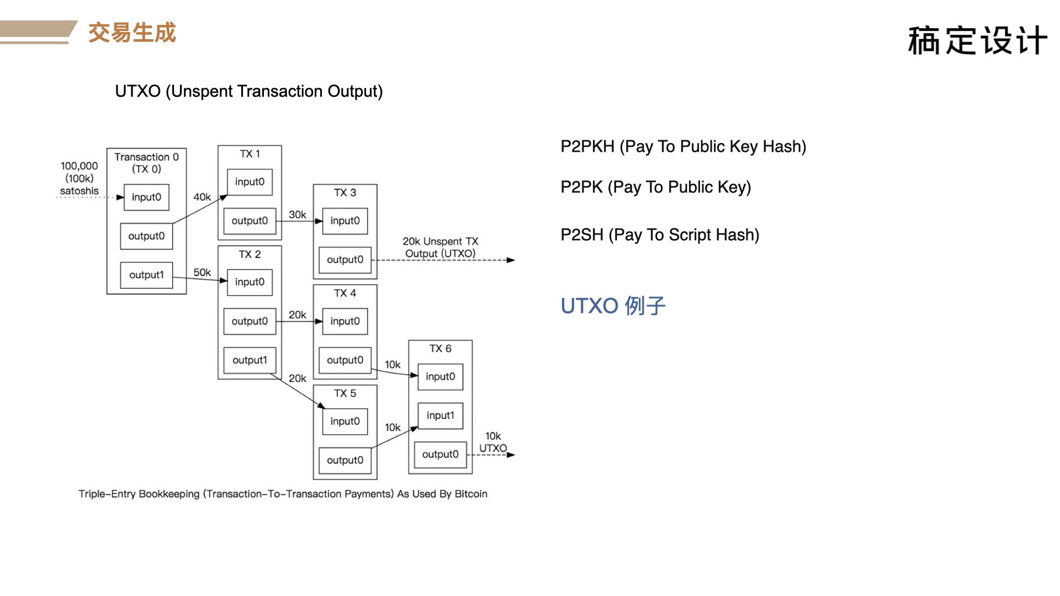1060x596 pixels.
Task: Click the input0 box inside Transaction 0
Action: tap(146, 197)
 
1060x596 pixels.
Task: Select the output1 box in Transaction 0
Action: tap(146, 275)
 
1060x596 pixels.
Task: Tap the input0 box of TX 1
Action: tap(250, 182)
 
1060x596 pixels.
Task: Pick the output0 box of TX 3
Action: tap(345, 260)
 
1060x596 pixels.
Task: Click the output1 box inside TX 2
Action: tap(250, 360)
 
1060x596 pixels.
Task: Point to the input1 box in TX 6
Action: tap(440, 416)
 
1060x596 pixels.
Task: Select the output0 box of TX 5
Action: tap(345, 460)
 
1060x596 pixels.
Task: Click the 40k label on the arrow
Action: tap(202, 197)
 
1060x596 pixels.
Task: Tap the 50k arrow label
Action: tap(202, 273)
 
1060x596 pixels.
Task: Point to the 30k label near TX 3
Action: tap(298, 215)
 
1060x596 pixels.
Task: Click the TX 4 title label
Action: tap(345, 293)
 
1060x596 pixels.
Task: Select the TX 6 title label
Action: tap(441, 349)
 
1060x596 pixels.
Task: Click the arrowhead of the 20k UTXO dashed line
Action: tap(511, 260)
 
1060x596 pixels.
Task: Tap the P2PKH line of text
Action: tap(683, 147)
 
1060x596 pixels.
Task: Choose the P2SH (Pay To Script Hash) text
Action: tap(660, 235)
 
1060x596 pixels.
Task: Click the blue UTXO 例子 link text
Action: tap(613, 306)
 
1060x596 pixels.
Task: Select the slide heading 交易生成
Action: tap(132, 33)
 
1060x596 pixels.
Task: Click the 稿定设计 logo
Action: tap(978, 40)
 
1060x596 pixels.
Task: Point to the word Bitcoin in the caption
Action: tap(471, 494)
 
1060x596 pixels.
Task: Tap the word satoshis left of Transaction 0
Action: tap(79, 191)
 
